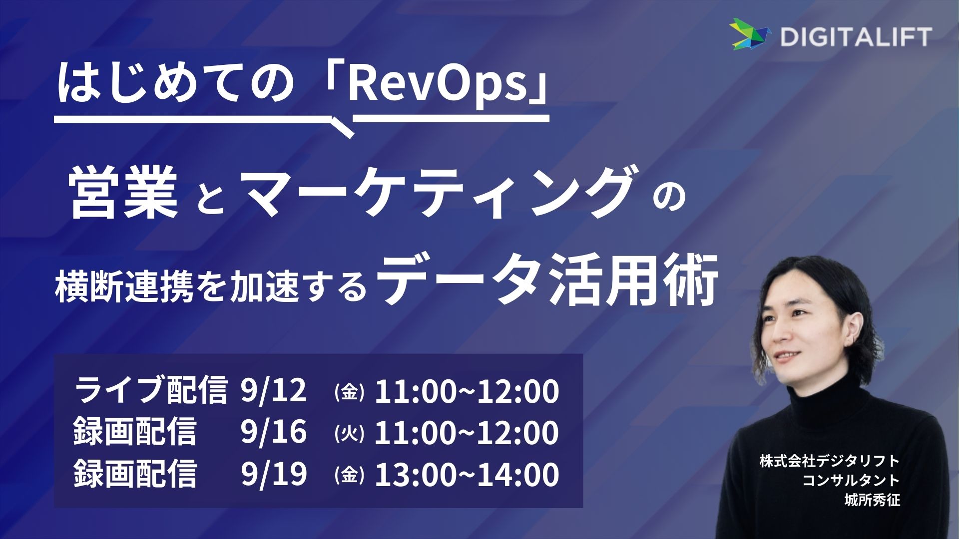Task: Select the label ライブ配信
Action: pyautogui.click(x=150, y=390)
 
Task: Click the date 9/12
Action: pyautogui.click(x=273, y=390)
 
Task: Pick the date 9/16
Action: pyautogui.click(x=273, y=432)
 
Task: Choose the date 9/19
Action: pyautogui.click(x=273, y=474)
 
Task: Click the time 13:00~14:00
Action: pyautogui.click(x=467, y=474)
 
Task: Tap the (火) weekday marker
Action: pyautogui.click(x=349, y=434)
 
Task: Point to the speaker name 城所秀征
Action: pyautogui.click(x=872, y=500)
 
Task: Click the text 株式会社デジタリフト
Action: pyautogui.click(x=830, y=460)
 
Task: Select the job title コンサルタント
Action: pyautogui.click(x=851, y=480)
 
